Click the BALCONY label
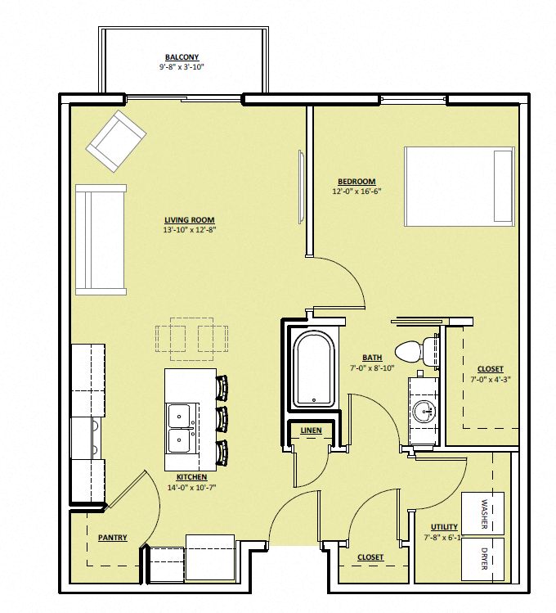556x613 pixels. pos(181,57)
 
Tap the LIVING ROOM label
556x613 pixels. pos(189,220)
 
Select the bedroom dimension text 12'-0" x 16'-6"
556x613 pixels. pos(356,192)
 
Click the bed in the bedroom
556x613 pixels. pos(459,187)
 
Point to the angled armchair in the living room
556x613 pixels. pos(116,141)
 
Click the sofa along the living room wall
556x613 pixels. pos(101,239)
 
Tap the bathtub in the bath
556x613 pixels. pos(315,369)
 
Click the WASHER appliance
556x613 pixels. pos(483,513)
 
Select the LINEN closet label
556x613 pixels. pos(311,430)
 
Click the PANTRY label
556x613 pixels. pos(111,538)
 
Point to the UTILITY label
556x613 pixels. pos(444,527)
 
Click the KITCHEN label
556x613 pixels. pos(191,477)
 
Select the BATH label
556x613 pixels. pos(373,358)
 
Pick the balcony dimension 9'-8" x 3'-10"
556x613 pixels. pos(181,67)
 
